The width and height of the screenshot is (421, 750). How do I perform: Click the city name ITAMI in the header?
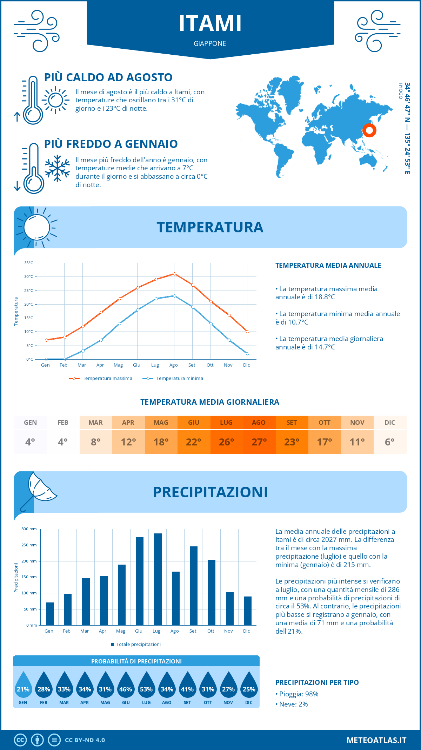pos(210,23)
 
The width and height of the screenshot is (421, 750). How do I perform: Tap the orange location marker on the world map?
pos(369,130)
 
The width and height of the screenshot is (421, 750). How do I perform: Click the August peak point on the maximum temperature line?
pos(174,274)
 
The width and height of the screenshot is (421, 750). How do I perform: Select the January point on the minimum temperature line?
pos(46,359)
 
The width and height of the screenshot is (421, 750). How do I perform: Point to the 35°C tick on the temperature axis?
pos(29,263)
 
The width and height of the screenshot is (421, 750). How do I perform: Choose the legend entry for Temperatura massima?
pos(101,379)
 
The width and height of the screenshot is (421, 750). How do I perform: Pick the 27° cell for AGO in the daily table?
pos(259,442)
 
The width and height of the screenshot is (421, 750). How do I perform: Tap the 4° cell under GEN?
pos(30,442)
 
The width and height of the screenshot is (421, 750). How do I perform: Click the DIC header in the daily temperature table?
pos(390,423)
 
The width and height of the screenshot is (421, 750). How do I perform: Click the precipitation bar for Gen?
pos(50,614)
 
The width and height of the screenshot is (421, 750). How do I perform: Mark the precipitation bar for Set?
pos(194,586)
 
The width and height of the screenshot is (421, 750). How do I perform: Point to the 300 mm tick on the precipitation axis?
pos(29,529)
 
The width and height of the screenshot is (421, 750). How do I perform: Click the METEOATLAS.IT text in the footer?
pos(376,740)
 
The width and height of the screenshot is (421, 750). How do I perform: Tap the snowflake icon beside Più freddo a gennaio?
pos(57,168)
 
